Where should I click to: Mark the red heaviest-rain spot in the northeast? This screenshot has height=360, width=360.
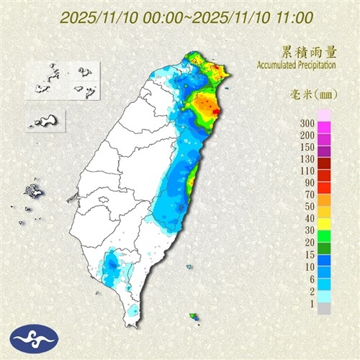[215, 111]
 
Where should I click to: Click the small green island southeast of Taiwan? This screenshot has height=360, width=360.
[193, 316]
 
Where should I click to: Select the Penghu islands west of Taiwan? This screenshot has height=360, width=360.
[32, 192]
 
